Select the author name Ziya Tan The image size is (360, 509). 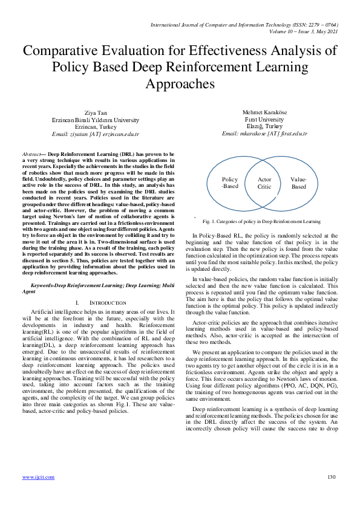coord(96,113)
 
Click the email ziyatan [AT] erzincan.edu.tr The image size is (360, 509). coord(96,133)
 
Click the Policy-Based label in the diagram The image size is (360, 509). coord(230,183)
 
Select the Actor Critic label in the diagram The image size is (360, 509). coord(264,183)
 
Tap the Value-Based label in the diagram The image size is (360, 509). coord(299,183)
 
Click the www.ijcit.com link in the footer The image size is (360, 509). coord(36,478)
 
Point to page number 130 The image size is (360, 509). coord(331,478)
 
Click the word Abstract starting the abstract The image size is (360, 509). coord(32,154)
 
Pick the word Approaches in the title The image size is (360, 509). coord(180,82)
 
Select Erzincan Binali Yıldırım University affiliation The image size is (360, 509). coord(96,120)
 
